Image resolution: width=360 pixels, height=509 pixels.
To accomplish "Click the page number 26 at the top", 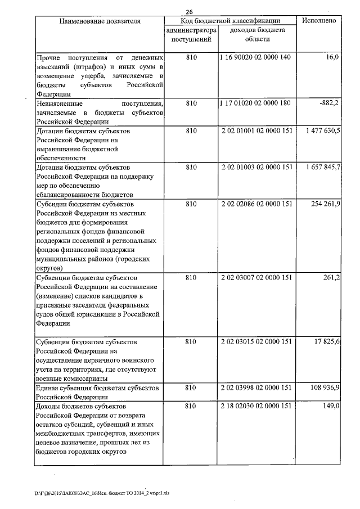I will tap(189, 12).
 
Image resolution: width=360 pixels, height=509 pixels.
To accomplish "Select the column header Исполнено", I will tap(319, 20).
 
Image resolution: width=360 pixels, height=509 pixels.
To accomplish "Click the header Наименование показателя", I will tap(100, 20).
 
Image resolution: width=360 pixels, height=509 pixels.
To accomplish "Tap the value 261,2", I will tap(330, 277).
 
